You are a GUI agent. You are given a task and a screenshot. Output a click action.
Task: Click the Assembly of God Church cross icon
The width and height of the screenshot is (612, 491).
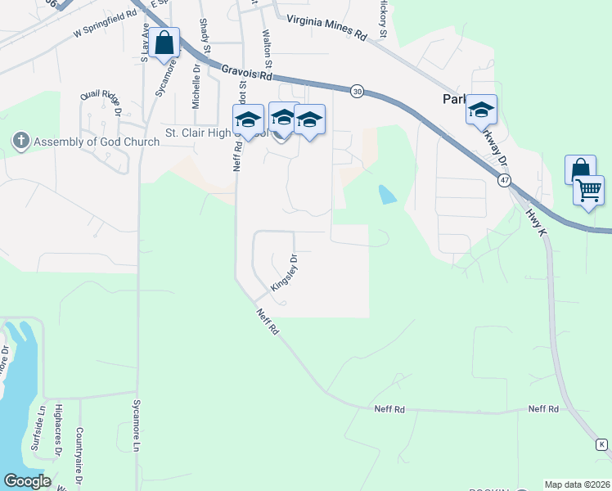tap(20, 142)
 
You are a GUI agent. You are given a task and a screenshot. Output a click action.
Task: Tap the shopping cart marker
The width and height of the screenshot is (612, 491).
tap(588, 191)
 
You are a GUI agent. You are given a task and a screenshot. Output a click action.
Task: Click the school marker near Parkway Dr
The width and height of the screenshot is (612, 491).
tap(482, 110)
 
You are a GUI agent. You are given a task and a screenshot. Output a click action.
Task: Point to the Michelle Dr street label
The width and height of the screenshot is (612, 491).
tap(196, 88)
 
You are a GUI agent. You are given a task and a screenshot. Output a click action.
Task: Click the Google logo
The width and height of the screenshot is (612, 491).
tap(28, 481)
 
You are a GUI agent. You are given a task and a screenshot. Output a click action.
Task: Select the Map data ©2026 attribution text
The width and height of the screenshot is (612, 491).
tap(577, 484)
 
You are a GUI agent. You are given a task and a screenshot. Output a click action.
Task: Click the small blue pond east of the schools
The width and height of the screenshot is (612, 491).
tap(386, 195)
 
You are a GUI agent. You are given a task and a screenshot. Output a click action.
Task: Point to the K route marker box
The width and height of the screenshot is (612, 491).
tap(601, 444)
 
